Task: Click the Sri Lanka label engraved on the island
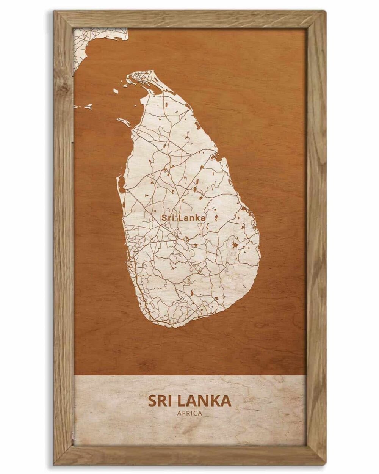[183, 218]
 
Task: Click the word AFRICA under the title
[189, 413]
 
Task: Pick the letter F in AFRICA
[183, 413]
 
